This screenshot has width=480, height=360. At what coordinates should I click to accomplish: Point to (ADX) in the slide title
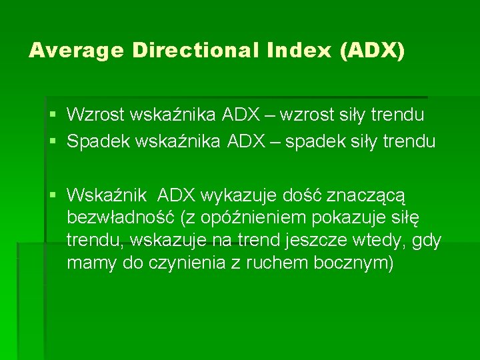(372, 51)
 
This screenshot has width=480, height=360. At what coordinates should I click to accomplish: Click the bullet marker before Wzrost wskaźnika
(54, 115)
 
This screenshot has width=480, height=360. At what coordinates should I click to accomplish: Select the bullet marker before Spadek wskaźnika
(54, 142)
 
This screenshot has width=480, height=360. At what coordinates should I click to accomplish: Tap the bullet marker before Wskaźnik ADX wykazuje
(54, 195)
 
